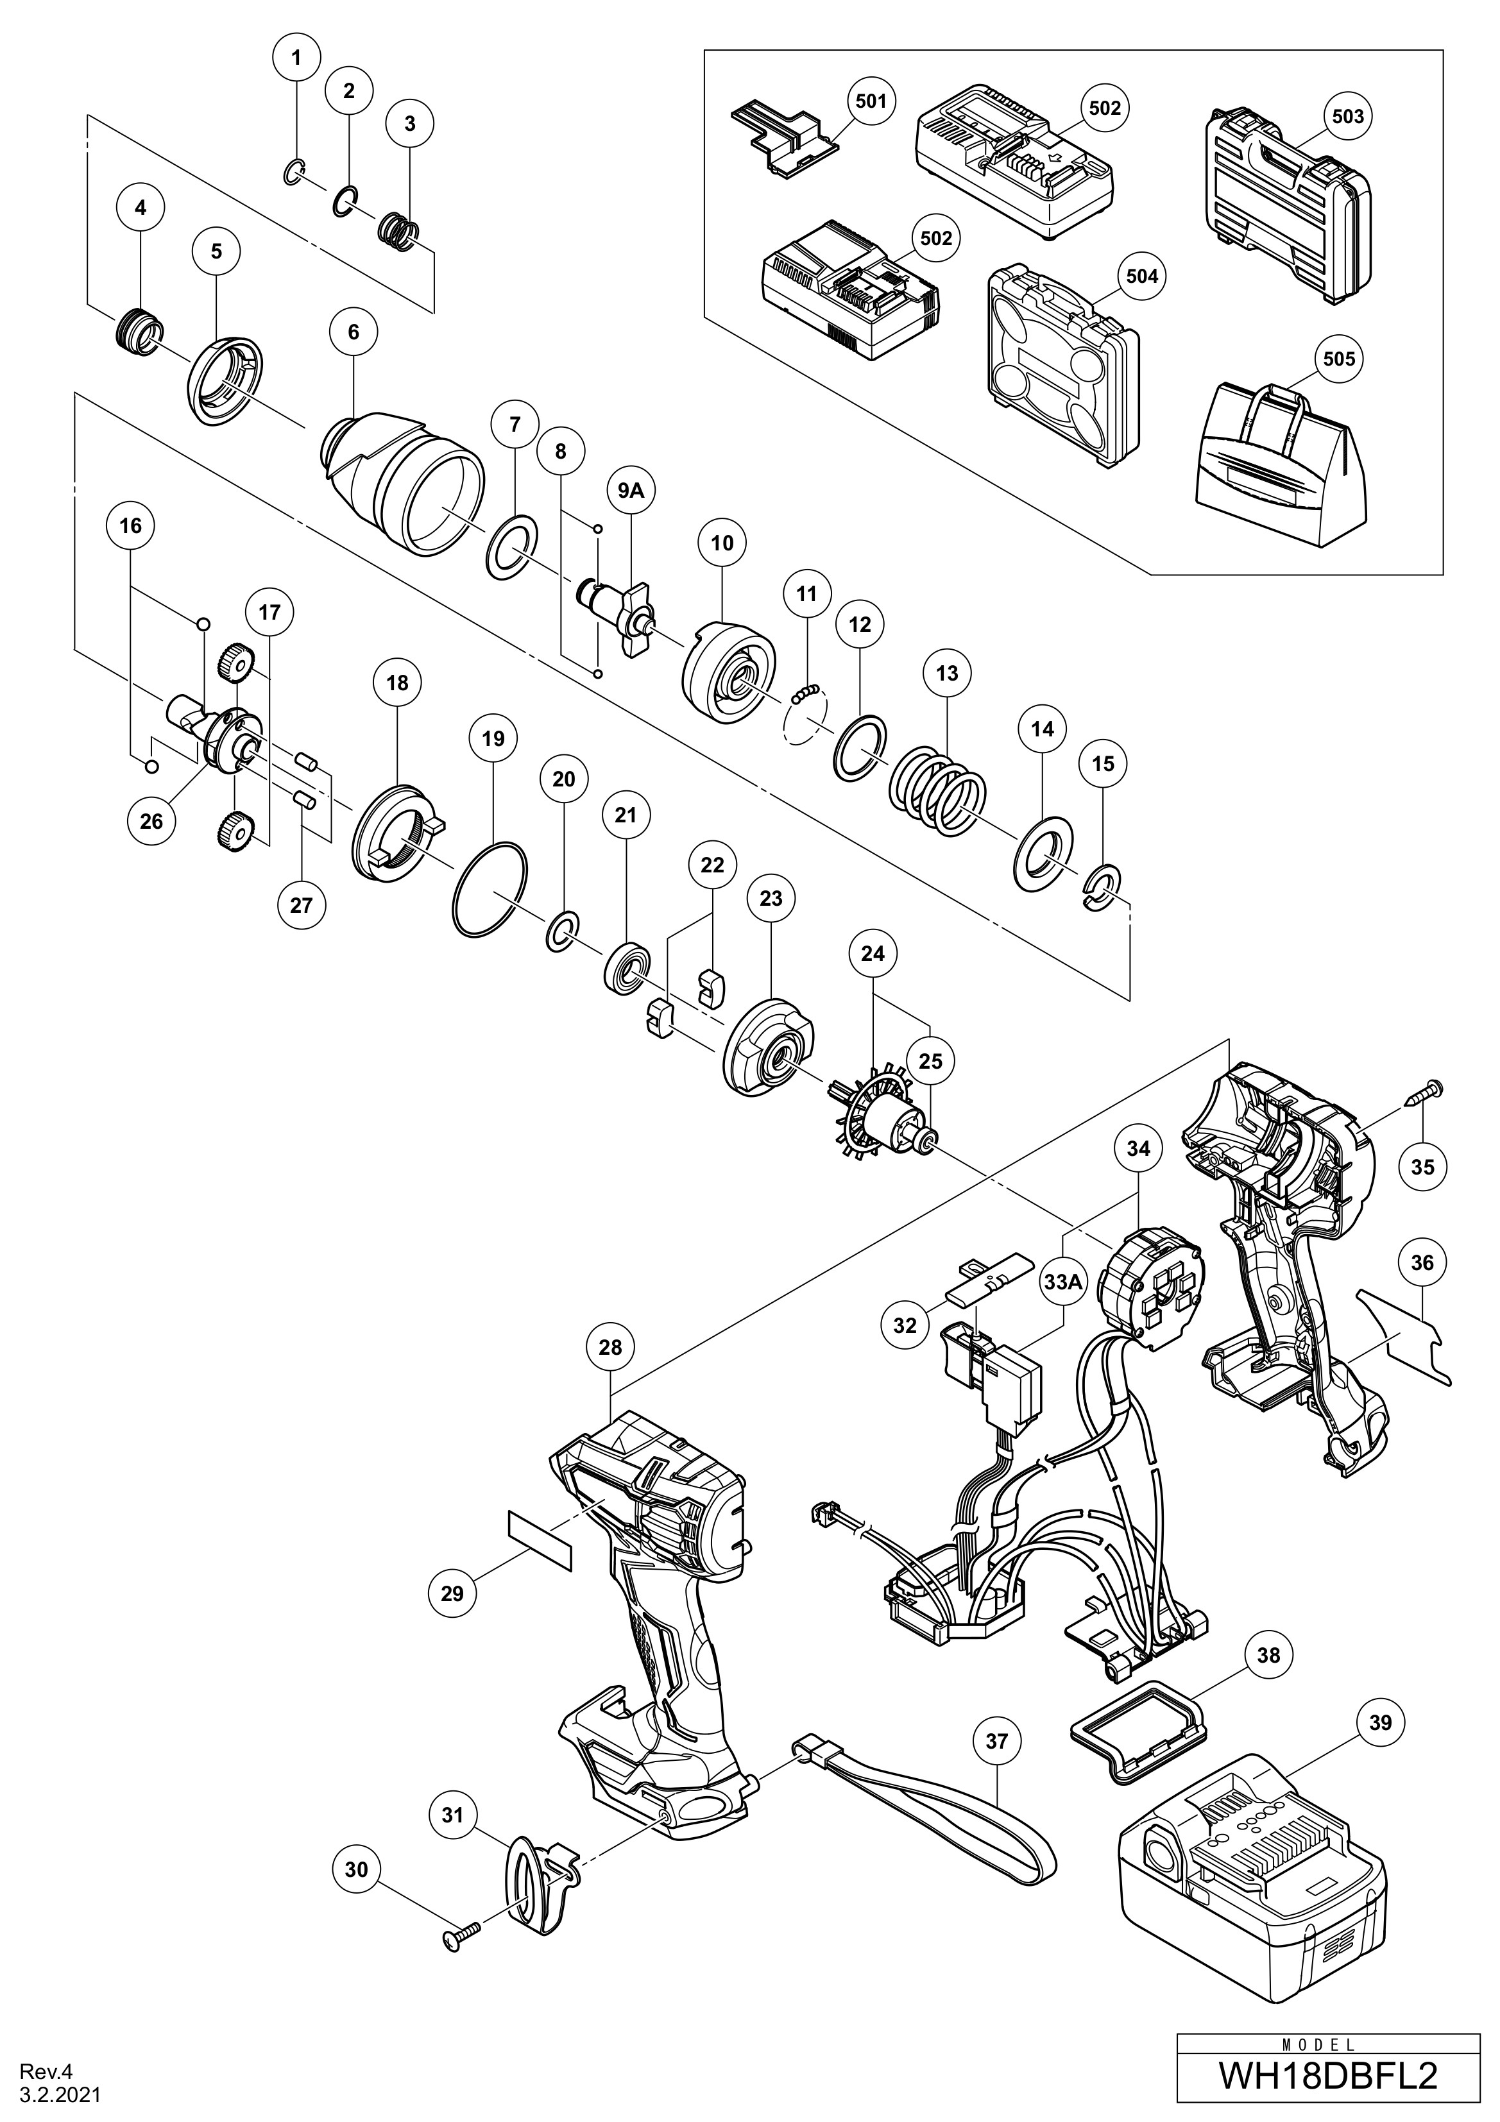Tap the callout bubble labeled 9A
[629, 491]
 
